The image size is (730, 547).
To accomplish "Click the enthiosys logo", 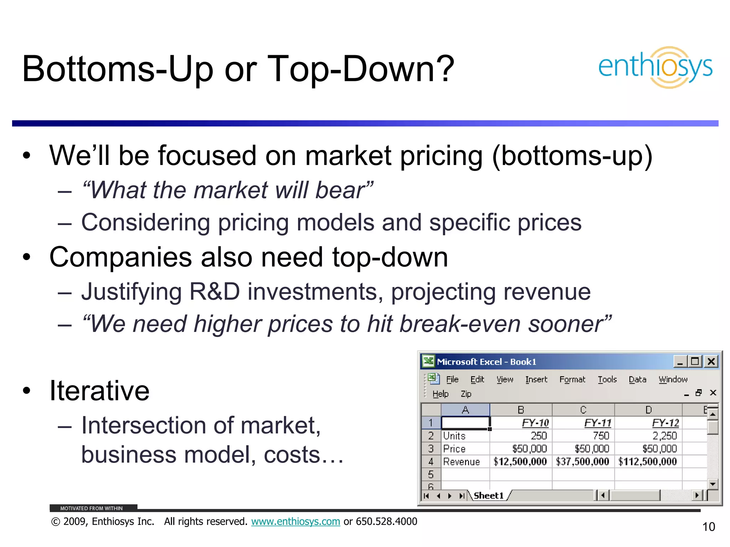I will tap(655, 67).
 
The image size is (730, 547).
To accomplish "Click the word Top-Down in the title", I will tap(361, 69).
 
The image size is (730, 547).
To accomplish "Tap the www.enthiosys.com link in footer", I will tap(295, 521).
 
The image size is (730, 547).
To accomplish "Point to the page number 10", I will tap(709, 527).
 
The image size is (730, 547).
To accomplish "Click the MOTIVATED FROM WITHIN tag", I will tap(91, 508).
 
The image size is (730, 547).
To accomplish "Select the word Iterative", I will tap(99, 391).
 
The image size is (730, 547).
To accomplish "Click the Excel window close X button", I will tap(711, 361).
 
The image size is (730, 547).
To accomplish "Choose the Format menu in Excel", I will tap(572, 380).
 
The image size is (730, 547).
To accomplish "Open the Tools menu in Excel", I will tap(607, 380).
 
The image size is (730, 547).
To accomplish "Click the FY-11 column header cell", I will tap(598, 423).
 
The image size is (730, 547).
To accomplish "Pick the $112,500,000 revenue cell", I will tap(647, 462).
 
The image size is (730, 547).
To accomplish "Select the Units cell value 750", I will tap(601, 436).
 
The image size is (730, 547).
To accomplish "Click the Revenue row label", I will tap(461, 462).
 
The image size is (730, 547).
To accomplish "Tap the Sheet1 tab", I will tap(489, 495).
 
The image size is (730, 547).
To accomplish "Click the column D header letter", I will tap(648, 410).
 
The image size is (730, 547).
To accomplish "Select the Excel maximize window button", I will tap(695, 361).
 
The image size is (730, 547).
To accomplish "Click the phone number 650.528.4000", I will tap(386, 521).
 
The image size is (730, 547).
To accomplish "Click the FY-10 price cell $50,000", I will tap(529, 449).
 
